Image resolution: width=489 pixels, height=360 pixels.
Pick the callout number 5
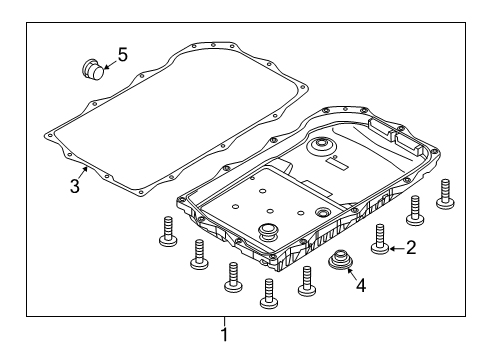pos(122,54)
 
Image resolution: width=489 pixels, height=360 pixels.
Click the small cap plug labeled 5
pos(91,71)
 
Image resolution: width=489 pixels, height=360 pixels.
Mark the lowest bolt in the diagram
pos(267,289)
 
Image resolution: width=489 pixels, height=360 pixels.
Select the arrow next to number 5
pos(108,62)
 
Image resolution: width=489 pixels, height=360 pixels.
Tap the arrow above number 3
pos(86,172)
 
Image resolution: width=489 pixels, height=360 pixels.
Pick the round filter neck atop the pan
pos(323,150)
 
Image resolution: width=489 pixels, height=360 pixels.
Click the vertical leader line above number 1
pos(225,321)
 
